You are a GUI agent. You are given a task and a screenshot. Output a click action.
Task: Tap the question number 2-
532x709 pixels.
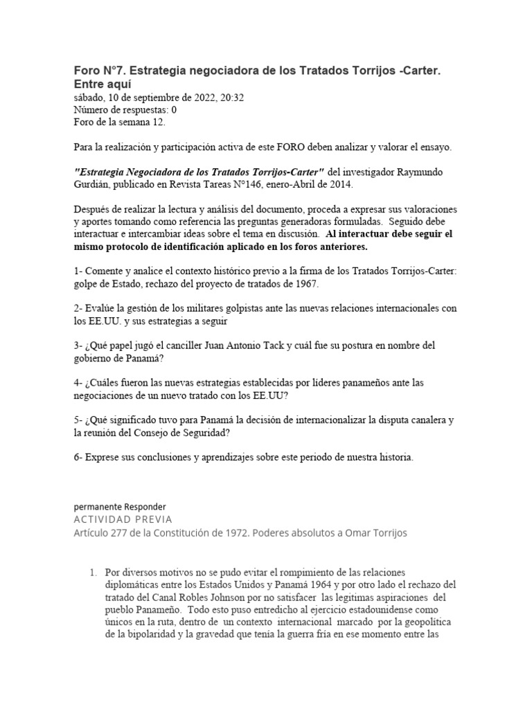[78, 307]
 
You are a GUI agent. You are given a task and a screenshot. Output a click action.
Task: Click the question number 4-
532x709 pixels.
[78, 382]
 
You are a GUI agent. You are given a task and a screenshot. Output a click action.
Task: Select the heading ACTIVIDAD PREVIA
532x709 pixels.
[123, 519]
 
